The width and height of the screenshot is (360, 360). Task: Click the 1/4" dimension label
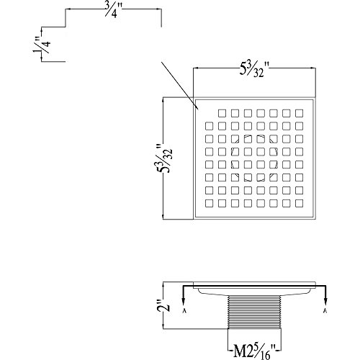(42, 45)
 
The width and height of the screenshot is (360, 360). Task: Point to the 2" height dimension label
(164, 305)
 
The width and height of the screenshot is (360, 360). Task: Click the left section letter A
(184, 311)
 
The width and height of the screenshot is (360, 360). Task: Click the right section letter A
(325, 311)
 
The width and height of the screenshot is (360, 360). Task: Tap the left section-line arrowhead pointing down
(184, 302)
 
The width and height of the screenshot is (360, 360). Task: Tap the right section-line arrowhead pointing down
(325, 302)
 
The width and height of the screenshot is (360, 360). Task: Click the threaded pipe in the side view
(254, 312)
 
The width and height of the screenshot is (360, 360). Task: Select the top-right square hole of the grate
(299, 113)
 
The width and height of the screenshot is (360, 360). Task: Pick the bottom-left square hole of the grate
(210, 203)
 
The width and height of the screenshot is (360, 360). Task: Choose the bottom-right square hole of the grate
(299, 203)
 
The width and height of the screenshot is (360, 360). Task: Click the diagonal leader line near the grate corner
(180, 86)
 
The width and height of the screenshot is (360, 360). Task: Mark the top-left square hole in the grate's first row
(222, 113)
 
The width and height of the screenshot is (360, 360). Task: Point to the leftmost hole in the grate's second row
(210, 126)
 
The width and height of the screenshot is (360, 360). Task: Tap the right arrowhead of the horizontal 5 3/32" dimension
(312, 68)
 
